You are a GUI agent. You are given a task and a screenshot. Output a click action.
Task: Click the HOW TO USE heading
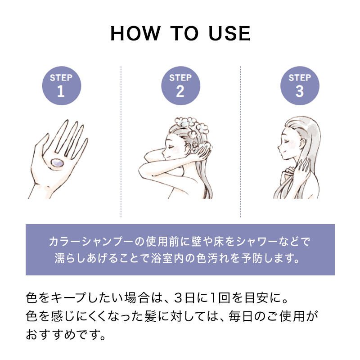click(x=180, y=34)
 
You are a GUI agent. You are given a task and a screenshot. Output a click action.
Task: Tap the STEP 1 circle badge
click(x=61, y=85)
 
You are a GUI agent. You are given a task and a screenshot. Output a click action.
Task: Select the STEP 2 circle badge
click(x=180, y=85)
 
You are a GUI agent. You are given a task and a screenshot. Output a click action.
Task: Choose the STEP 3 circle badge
click(x=299, y=85)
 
